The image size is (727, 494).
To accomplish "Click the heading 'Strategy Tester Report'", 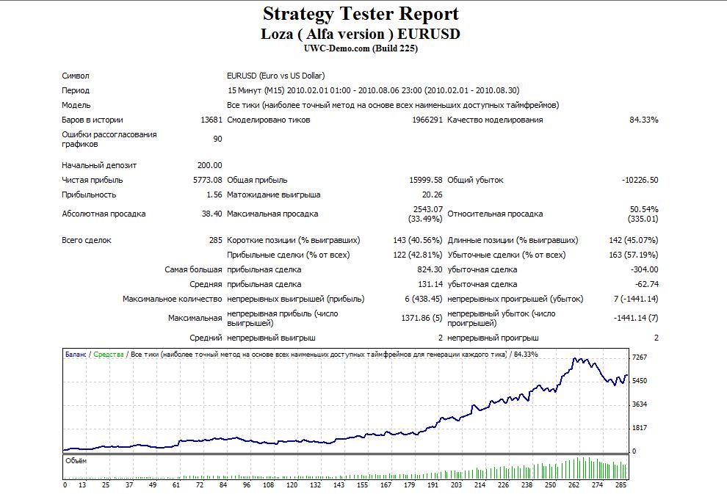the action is coord(361,14).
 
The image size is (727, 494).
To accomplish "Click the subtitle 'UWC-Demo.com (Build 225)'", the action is coord(361,48).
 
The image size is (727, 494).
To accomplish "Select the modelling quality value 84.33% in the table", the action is coord(643,120).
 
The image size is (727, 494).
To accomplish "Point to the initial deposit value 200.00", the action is coord(209,165).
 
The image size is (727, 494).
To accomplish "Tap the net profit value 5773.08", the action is coord(207,180).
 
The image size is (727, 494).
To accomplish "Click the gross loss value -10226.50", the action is coord(640,180).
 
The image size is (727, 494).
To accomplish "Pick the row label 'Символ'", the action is coord(75,76).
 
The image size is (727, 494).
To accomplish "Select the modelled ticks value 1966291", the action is coord(427,120).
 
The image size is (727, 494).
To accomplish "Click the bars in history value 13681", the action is coord(211,120).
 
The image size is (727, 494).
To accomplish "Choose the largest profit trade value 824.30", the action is coord(430,269).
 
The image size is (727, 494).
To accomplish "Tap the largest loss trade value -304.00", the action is coord(645,269).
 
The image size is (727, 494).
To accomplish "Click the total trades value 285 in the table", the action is coord(216,240).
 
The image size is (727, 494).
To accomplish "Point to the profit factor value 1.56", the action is coord(214,195).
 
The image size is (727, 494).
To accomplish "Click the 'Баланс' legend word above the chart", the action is coord(76,355).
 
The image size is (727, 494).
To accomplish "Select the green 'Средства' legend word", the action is coord(109,355).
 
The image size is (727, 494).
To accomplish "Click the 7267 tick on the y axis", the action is coord(640,357).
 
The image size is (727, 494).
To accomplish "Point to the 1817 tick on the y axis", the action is coord(640,428).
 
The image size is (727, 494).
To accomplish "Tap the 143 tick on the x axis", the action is coord(339,484).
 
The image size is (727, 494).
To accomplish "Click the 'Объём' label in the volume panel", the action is coord(76,461).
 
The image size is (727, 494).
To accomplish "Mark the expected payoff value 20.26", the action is coord(432,195).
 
